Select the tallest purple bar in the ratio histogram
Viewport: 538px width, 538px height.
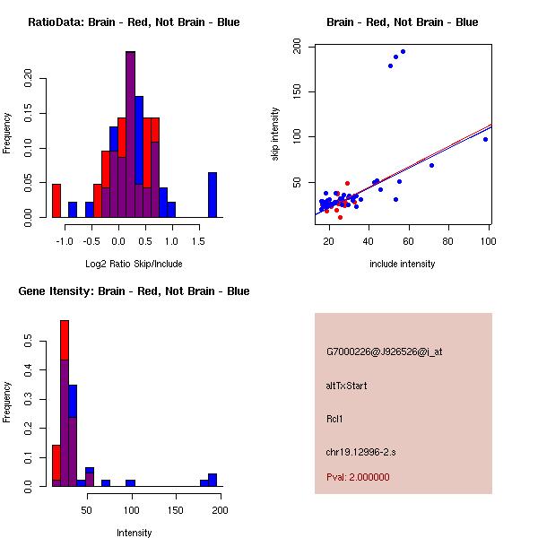click(x=130, y=134)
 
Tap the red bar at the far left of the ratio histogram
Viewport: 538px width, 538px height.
click(x=56, y=200)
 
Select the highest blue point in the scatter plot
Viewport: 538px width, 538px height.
click(x=403, y=51)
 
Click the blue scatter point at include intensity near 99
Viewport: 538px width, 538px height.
click(x=485, y=139)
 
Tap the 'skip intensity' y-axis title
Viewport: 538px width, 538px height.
click(x=275, y=134)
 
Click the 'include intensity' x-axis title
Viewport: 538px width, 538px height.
click(x=403, y=264)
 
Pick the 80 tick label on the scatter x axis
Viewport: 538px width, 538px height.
click(x=447, y=241)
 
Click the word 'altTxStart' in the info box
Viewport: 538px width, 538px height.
click(x=347, y=386)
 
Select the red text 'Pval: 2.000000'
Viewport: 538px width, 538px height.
click(x=358, y=477)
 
